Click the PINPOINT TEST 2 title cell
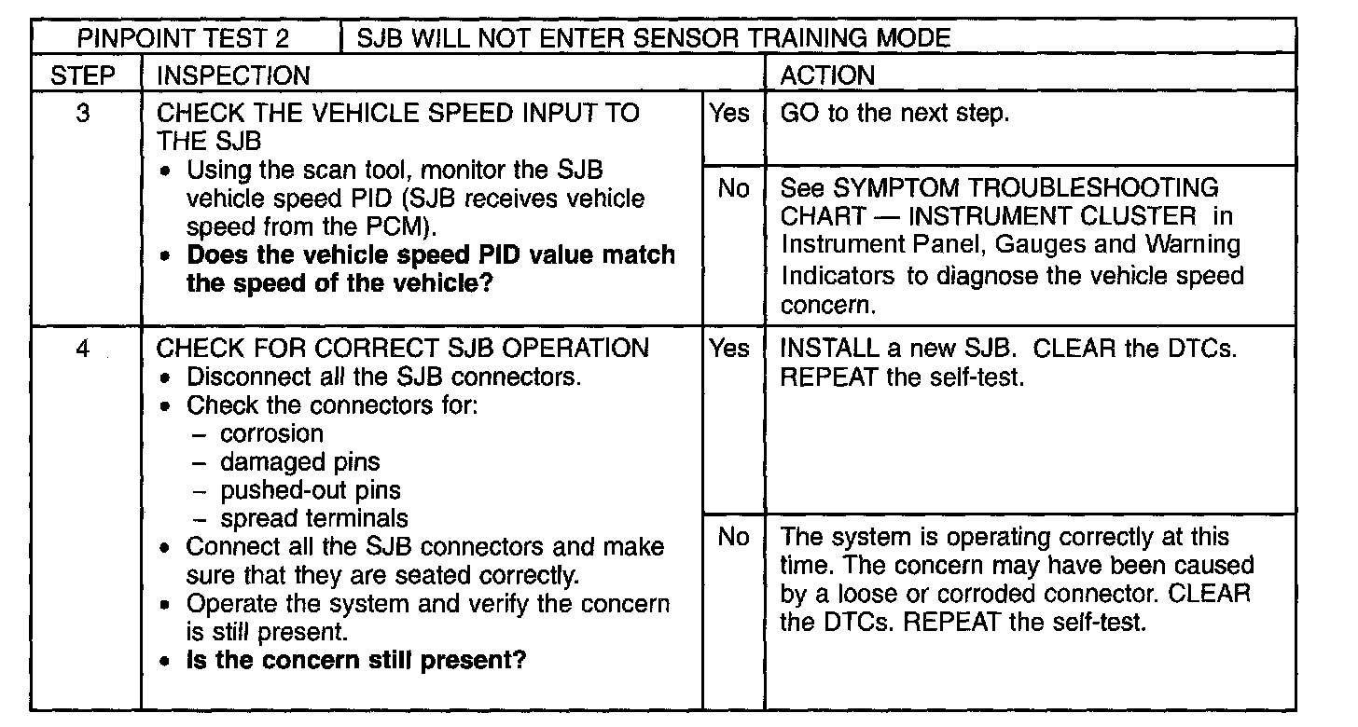pyautogui.click(x=183, y=38)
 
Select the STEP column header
pyautogui.click(x=84, y=75)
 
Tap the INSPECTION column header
pyautogui.click(x=233, y=75)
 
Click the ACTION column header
pyautogui.click(x=827, y=75)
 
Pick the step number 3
pyautogui.click(x=83, y=114)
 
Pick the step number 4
pyautogui.click(x=83, y=349)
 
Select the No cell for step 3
pyautogui.click(x=733, y=189)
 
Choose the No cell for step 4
pyautogui.click(x=733, y=537)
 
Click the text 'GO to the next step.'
pyautogui.click(x=894, y=114)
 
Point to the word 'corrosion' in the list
pyautogui.click(x=272, y=433)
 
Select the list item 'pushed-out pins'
pyautogui.click(x=311, y=489)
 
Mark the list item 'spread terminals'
pyautogui.click(x=314, y=517)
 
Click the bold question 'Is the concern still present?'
pyautogui.click(x=356, y=661)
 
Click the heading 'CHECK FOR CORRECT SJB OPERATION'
pyautogui.click(x=402, y=349)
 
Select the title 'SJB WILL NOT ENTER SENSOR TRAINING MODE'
pyautogui.click(x=654, y=38)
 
